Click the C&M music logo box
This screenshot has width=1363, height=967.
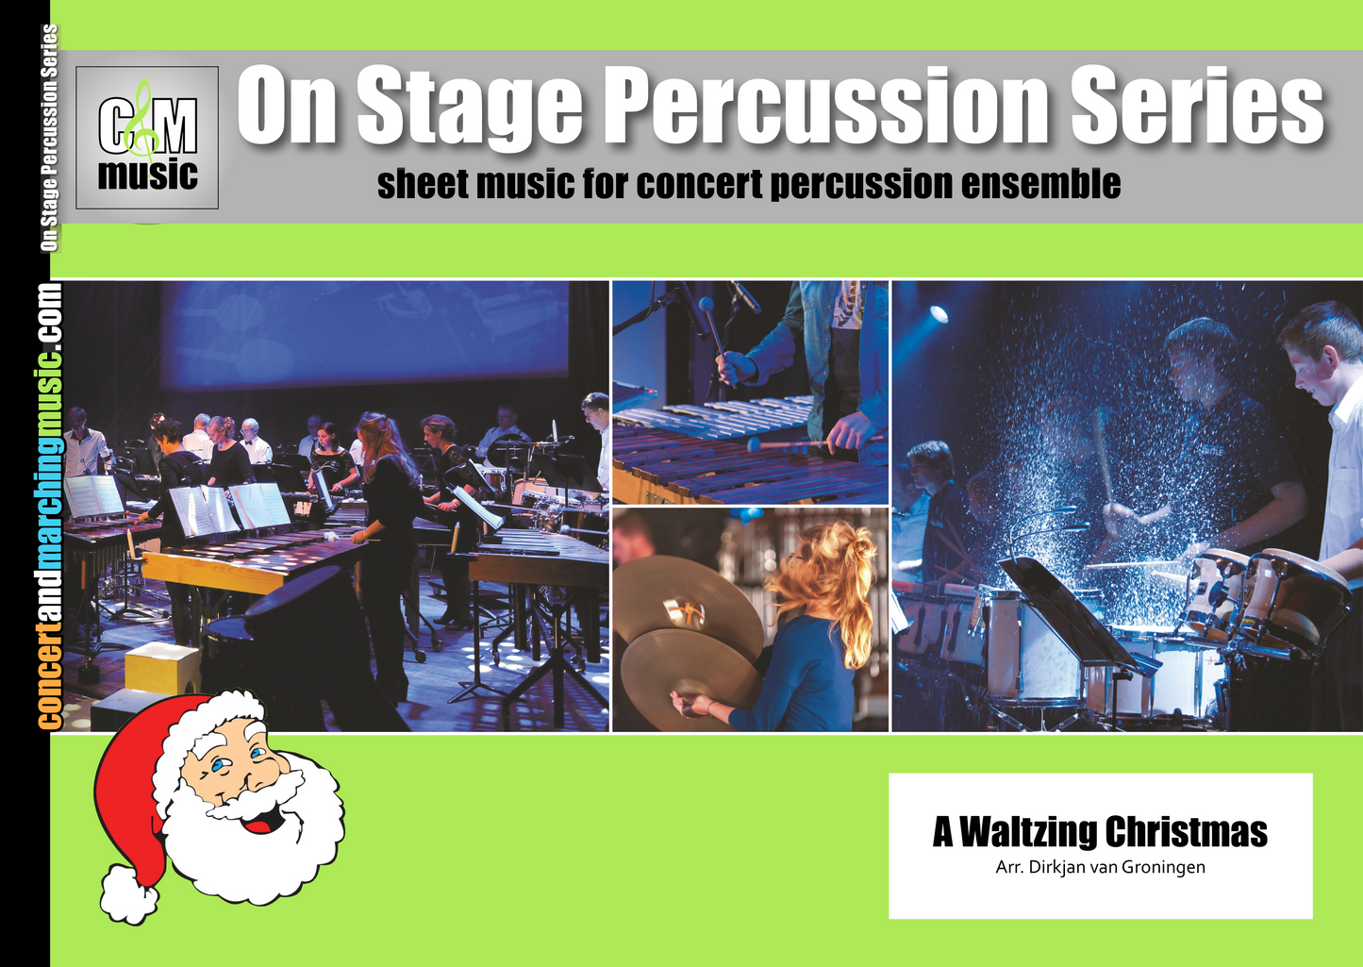[x=146, y=138]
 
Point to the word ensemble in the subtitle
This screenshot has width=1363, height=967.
[x=1040, y=184]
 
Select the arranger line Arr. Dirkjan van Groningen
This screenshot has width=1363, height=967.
[x=1100, y=867]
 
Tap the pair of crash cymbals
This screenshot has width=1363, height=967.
[x=688, y=639]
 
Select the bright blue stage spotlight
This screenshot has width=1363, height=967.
[x=939, y=314]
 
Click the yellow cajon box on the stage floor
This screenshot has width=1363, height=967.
[x=162, y=668]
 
